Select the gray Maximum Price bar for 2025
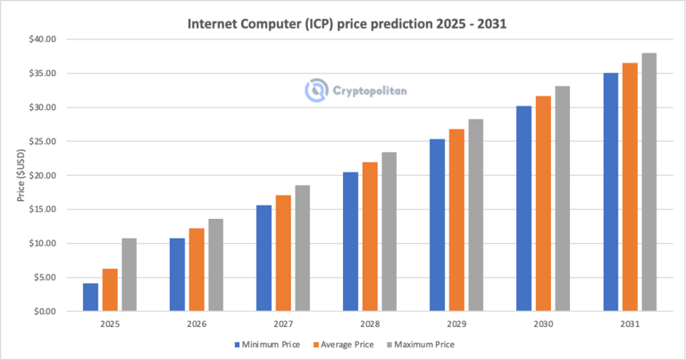click(x=130, y=275)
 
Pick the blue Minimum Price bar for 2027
click(x=264, y=258)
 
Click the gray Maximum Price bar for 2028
click(x=389, y=231)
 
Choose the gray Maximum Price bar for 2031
click(x=649, y=182)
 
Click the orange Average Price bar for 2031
click(x=630, y=187)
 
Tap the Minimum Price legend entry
click(x=268, y=343)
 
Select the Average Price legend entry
click(x=347, y=343)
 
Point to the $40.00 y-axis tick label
click(x=42, y=39)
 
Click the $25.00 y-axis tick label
click(x=42, y=141)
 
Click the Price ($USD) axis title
click(x=21, y=175)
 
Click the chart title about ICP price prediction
click(x=347, y=23)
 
